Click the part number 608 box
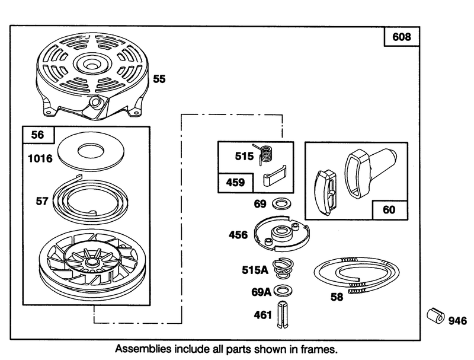coord(402,37)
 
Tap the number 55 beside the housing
coord(159,79)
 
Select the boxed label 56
coord(38,135)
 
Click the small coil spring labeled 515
coord(265,154)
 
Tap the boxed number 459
coord(235,183)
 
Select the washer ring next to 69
coord(281,203)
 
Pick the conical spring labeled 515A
coord(283,269)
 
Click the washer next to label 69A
coord(283,291)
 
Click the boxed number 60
coord(389,209)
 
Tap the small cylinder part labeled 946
coord(435,316)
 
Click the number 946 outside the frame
coord(457,321)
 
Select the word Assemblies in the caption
coord(143,349)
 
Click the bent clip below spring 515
coord(274,176)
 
